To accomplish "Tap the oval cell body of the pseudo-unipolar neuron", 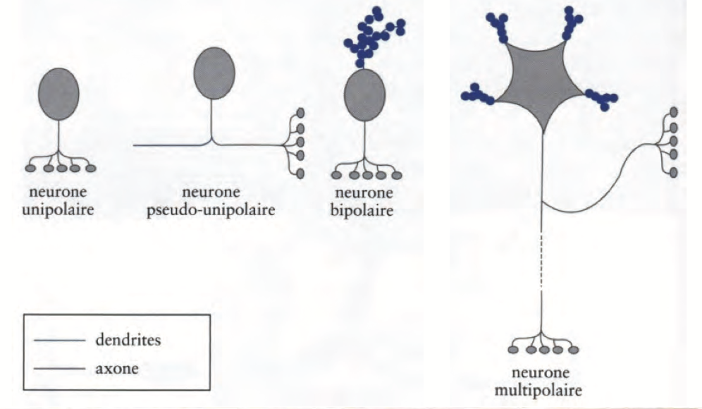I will point(214,72).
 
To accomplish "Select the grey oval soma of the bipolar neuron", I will point(364,99).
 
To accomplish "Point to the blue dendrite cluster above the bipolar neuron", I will point(371,35).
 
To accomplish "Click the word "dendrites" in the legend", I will point(128,340).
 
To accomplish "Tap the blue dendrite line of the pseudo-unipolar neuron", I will point(169,145).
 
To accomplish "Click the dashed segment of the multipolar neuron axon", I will point(542,260).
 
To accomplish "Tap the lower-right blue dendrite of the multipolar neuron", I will point(601,99).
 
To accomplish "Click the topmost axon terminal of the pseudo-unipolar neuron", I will point(301,113).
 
